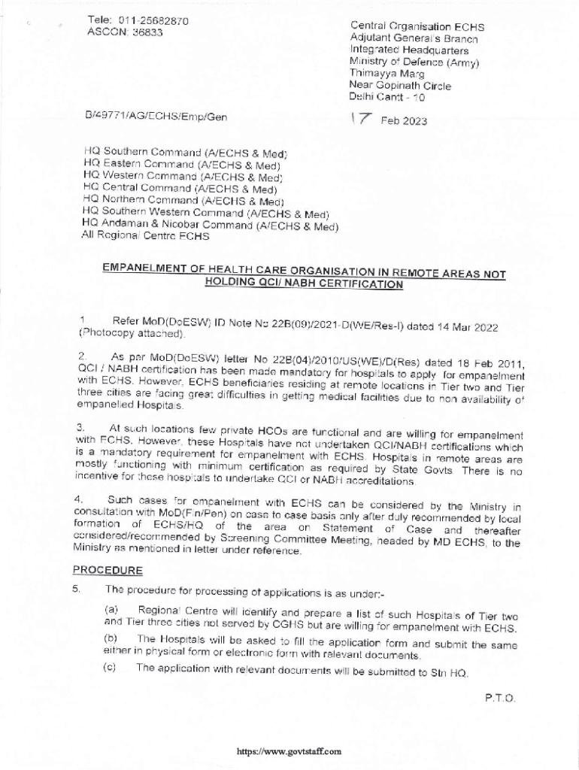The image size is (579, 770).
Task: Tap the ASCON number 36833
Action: pos(145,32)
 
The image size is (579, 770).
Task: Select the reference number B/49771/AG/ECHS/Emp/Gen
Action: pos(156,117)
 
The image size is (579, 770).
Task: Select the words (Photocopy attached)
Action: pos(132,333)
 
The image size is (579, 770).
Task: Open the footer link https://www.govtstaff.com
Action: pos(289,751)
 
